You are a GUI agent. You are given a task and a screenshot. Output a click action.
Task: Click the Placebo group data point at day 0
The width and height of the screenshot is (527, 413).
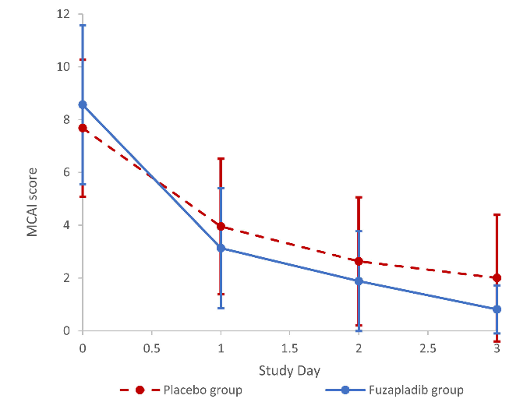tap(83, 128)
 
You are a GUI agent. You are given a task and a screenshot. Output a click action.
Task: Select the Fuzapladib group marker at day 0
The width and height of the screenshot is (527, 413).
tap(83, 104)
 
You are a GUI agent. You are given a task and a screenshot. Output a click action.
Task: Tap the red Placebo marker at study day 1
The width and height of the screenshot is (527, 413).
tap(221, 227)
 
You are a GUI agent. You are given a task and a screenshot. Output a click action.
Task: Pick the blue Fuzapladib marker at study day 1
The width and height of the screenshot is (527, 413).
tap(221, 248)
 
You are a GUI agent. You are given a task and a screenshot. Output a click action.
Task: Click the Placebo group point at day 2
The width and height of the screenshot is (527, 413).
tap(359, 261)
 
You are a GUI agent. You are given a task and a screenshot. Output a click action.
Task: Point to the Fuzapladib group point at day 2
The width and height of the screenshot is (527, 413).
tap(359, 281)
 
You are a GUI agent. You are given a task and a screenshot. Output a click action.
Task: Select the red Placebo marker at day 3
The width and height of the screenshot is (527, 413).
tap(497, 278)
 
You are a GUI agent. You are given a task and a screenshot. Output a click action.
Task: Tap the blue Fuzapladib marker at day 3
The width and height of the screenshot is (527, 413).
tap(497, 309)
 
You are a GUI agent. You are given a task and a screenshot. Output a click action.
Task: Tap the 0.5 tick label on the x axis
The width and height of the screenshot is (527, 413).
tap(151, 348)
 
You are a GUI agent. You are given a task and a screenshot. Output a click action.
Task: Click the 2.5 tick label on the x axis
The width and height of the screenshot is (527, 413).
tap(427, 348)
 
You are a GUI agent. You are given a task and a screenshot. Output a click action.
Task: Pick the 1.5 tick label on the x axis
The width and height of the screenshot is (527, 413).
tap(289, 348)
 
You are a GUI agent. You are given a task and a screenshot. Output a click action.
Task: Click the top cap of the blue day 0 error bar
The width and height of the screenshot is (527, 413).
tap(83, 26)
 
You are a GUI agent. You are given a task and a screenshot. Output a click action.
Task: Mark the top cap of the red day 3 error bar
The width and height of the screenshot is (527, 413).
tap(497, 214)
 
